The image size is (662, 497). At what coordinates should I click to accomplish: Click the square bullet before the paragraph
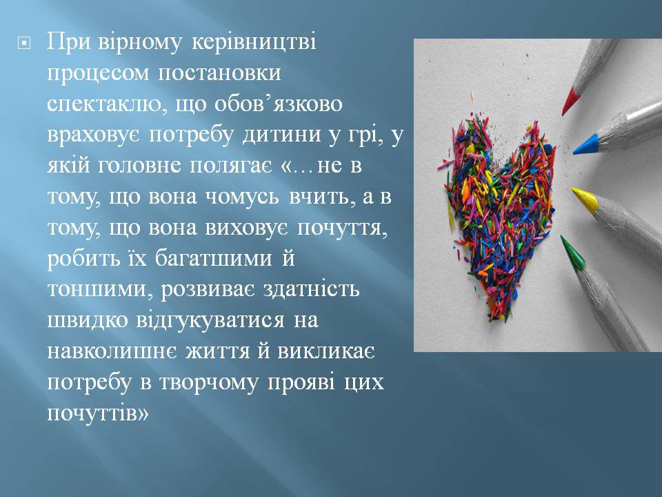coord(25,43)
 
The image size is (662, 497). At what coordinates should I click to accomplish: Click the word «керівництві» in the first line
coord(254,42)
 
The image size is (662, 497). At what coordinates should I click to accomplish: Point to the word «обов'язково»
coord(278,104)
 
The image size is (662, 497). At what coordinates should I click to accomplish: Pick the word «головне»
coord(141,166)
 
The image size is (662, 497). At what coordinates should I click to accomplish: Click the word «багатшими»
coord(213,258)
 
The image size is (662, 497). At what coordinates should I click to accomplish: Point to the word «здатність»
coord(311,289)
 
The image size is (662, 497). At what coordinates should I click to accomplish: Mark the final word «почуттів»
coord(98,413)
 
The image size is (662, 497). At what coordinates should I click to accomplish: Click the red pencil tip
coord(570,102)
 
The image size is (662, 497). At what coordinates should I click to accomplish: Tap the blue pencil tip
coord(585,144)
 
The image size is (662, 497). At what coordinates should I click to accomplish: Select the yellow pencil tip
coord(585,199)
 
